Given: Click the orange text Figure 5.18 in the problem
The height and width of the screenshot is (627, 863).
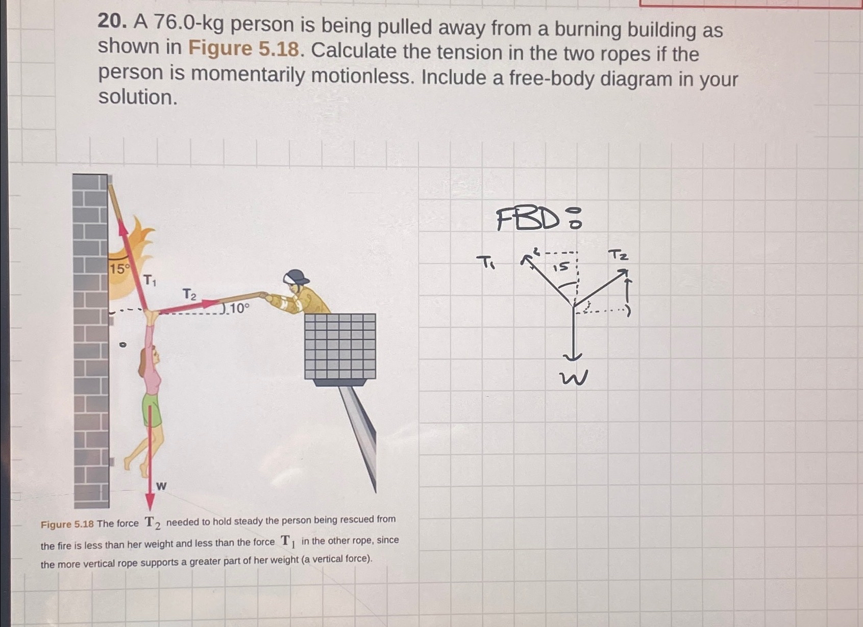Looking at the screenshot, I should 243,49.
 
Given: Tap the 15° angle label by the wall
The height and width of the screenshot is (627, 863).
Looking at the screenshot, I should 120,269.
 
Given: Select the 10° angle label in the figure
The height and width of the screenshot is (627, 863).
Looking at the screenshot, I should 239,308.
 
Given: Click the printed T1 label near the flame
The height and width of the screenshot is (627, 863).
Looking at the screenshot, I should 150,280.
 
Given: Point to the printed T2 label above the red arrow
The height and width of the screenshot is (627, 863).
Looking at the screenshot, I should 189,294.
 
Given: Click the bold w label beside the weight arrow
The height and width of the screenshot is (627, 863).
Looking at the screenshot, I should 161,486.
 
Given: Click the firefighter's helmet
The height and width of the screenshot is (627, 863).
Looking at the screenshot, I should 295,277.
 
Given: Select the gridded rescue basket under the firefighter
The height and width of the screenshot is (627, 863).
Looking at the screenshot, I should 340,346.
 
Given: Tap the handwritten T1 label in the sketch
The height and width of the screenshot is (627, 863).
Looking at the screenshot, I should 485,263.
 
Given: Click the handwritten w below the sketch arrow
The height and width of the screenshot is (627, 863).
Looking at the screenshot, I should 574,378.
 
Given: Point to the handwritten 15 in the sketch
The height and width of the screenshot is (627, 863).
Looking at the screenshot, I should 561,267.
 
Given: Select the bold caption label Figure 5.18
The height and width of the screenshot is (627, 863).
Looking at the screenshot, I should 67,525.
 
